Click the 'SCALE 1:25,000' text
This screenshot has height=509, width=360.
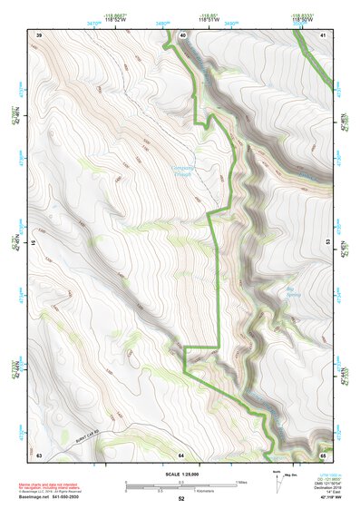[180, 475]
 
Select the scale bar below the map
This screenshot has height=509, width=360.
[180, 486]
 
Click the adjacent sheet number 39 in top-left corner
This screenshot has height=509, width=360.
[39, 34]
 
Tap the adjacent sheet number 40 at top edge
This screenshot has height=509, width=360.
[182, 34]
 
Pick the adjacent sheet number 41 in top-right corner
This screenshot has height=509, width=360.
[323, 34]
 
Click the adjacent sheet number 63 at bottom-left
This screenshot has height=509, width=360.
[39, 454]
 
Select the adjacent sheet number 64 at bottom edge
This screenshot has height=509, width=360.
[180, 454]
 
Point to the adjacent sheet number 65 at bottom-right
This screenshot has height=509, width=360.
[323, 454]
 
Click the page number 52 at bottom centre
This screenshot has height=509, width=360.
[180, 500]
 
